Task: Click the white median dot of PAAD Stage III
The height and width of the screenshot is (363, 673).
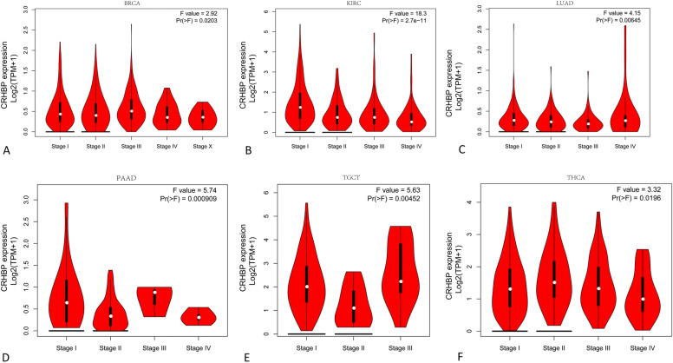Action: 154,293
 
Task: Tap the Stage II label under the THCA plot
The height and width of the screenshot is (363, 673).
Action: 549,345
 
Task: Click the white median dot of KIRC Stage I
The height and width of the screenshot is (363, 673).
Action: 299,108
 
